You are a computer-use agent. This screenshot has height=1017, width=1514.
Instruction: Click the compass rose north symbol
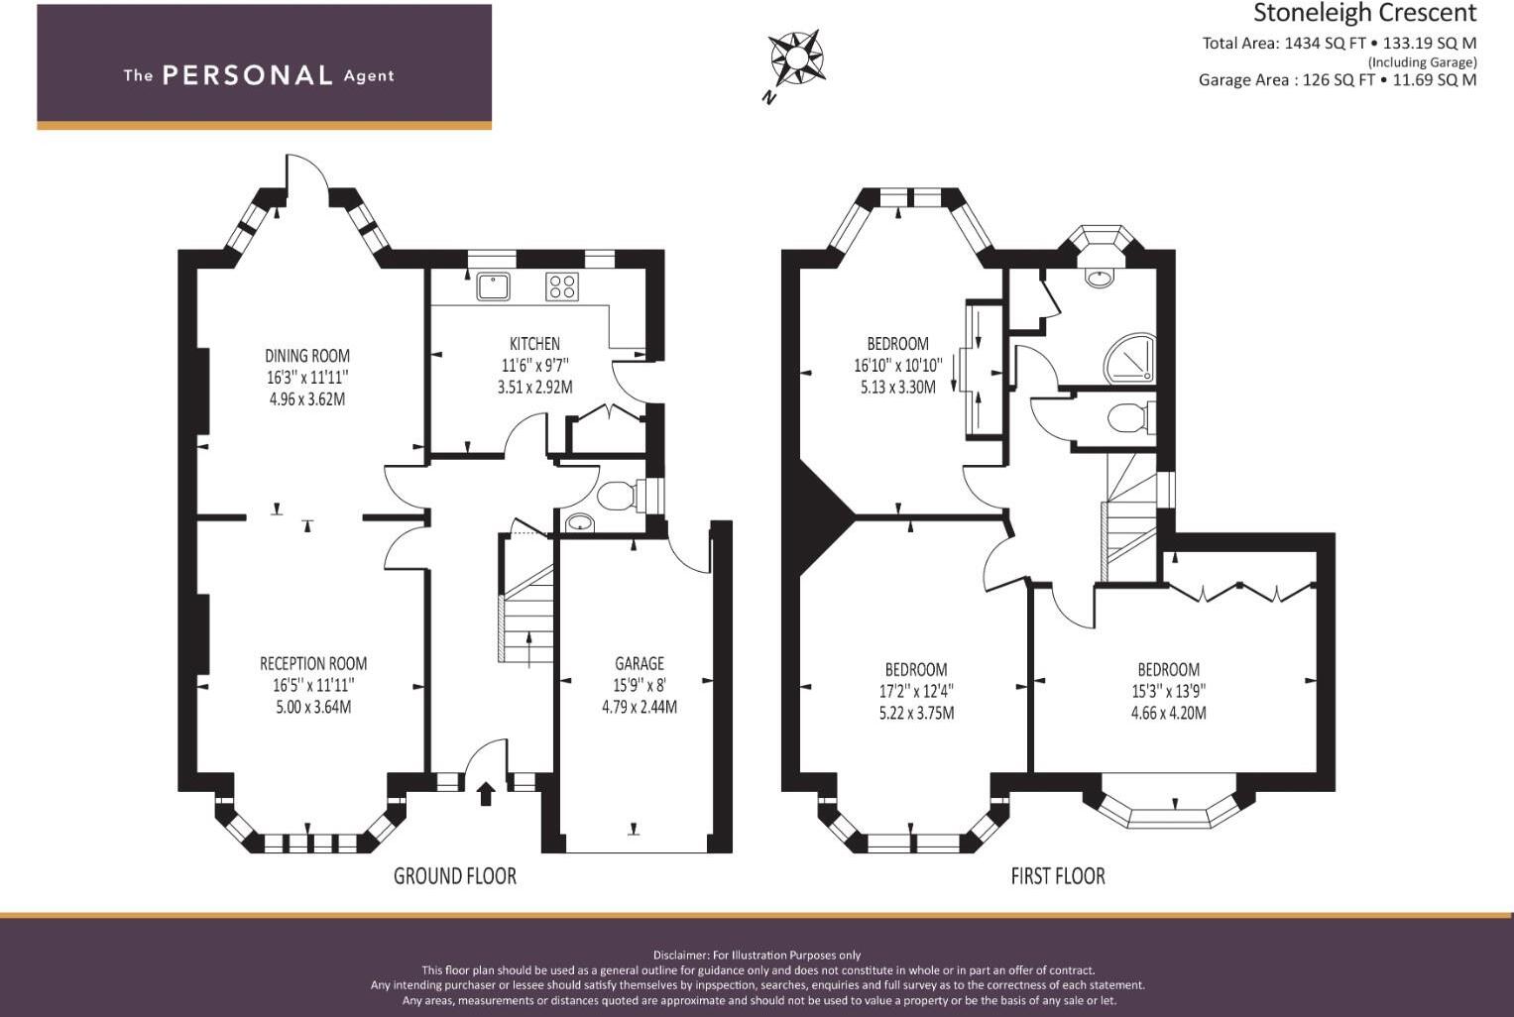[795, 59]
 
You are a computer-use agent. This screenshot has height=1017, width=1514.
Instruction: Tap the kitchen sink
[494, 286]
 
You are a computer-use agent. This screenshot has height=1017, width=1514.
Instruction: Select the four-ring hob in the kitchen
[562, 286]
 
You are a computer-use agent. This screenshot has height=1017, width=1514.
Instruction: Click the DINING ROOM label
[307, 356]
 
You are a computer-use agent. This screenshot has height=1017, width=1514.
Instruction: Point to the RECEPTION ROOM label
[313, 663]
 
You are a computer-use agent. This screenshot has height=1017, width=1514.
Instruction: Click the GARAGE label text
[640, 663]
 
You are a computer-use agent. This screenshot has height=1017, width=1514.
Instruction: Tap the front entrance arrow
[486, 793]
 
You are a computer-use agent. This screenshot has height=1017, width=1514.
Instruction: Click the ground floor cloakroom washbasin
[579, 522]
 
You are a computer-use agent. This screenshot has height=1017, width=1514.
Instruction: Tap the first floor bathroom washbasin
[1099, 278]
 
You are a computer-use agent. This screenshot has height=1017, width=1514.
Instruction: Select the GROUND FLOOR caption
[455, 876]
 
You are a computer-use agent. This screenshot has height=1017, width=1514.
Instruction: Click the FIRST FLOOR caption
[1058, 876]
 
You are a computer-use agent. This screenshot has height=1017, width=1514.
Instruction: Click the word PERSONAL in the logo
[248, 75]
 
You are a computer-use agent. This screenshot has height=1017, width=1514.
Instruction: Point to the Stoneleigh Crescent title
[1365, 13]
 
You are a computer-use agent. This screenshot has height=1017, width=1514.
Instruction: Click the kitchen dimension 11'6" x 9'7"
[534, 366]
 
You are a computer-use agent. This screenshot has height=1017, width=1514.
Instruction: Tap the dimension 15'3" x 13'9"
[1169, 691]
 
